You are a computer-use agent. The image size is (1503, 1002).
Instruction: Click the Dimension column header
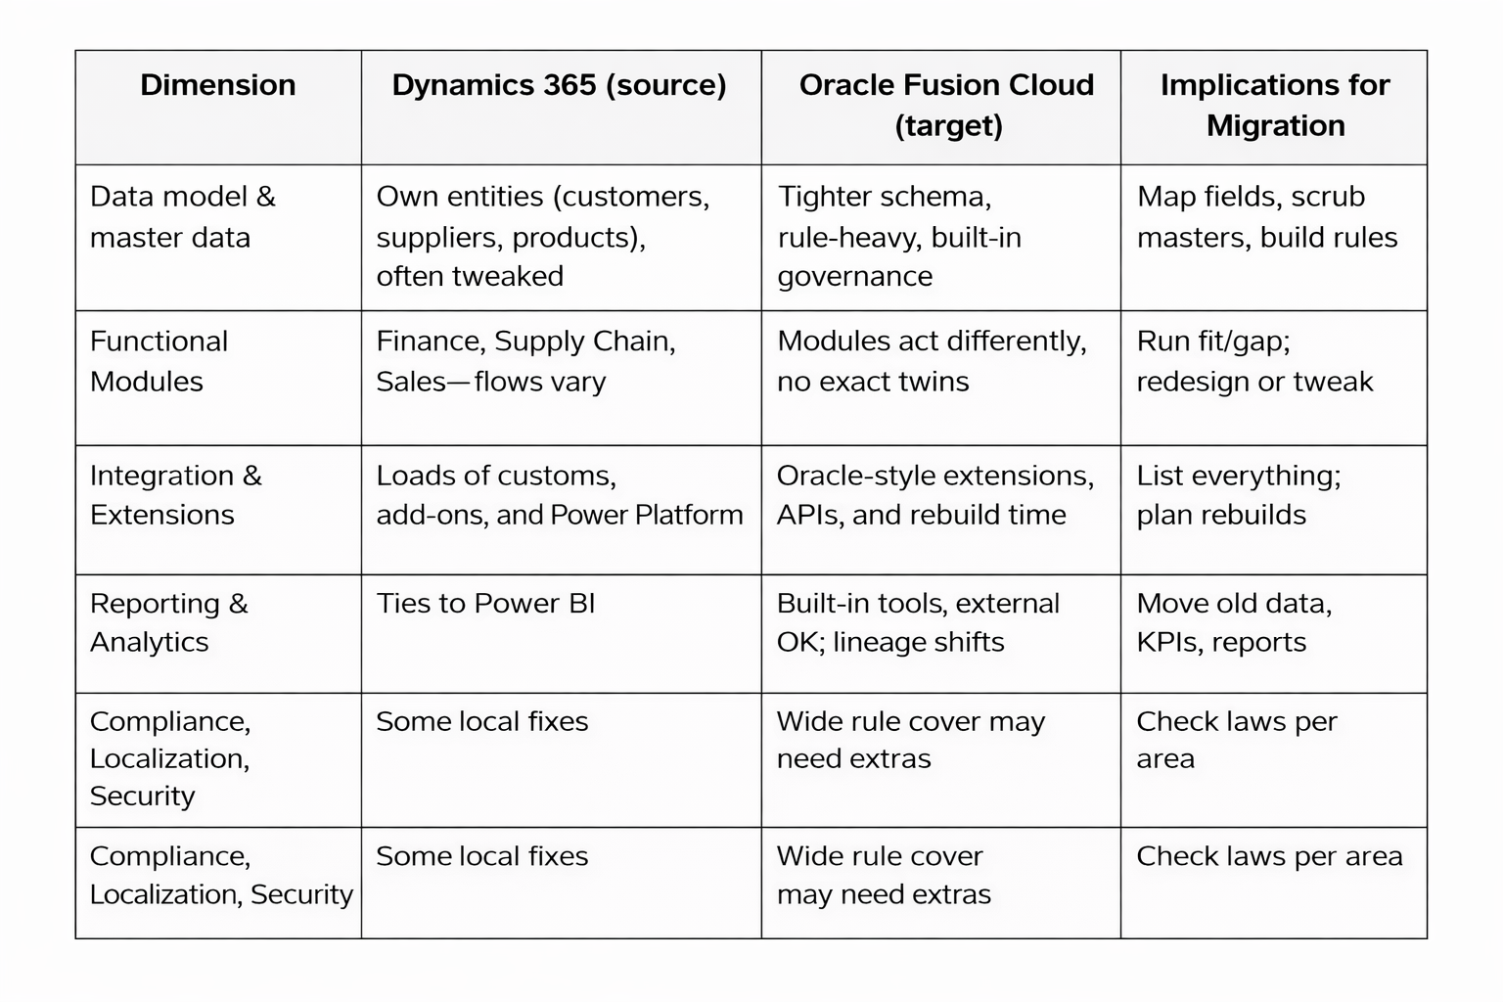[217, 85]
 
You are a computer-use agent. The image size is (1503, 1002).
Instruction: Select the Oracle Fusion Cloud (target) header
[946, 105]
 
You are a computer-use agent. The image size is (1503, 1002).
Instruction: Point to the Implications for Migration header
[1274, 105]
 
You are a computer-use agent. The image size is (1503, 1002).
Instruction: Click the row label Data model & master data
[182, 216]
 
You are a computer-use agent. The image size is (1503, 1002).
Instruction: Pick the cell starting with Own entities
[542, 236]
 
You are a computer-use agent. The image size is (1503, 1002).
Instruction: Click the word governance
[854, 277]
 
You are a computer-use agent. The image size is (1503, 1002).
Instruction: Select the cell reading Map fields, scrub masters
[1266, 216]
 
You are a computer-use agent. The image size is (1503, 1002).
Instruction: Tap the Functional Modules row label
[159, 361]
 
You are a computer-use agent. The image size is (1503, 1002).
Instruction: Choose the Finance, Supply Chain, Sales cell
[525, 361]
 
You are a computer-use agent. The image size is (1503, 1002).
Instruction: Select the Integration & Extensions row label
[175, 495]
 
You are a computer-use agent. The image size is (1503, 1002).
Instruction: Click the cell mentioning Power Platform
[559, 495]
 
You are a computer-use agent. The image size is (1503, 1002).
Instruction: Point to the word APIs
[806, 516]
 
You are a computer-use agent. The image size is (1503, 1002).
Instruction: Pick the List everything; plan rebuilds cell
[1238, 495]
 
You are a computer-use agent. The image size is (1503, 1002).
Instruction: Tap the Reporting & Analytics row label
[168, 622]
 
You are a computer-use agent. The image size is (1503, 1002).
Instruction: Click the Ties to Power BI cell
[485, 604]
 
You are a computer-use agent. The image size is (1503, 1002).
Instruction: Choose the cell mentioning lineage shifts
[917, 622]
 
